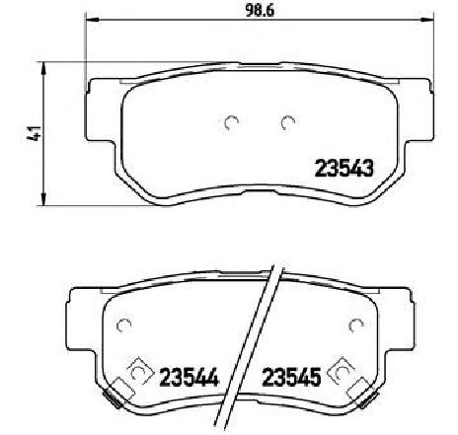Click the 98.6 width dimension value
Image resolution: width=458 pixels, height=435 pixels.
pos(260,11)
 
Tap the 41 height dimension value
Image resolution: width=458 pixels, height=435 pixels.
pos(34,133)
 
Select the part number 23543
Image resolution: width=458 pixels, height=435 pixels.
pos(344,168)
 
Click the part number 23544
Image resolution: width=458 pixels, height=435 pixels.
pos(189,378)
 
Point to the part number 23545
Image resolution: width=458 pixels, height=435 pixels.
pos(291,377)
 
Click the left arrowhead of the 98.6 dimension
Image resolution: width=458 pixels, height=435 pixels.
pos(93,20)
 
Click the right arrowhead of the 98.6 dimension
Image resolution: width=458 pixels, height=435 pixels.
pos(427,20)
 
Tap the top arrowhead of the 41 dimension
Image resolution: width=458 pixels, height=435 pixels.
pos(43,69)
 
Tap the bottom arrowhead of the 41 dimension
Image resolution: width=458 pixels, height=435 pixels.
pos(43,199)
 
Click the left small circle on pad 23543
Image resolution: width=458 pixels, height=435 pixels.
pos(231,123)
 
